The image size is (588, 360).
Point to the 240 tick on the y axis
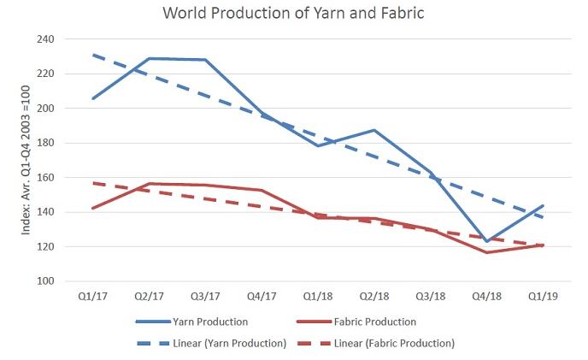click(x=44, y=39)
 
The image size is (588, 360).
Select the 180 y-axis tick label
click(x=44, y=143)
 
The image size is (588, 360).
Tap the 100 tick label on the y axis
click(x=44, y=281)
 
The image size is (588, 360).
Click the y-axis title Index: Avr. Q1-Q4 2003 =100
click(x=15, y=160)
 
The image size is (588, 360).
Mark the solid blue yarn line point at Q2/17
click(x=149, y=59)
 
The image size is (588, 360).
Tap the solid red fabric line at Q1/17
click(x=92, y=208)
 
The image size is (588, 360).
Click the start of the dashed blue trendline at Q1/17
click(x=92, y=55)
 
